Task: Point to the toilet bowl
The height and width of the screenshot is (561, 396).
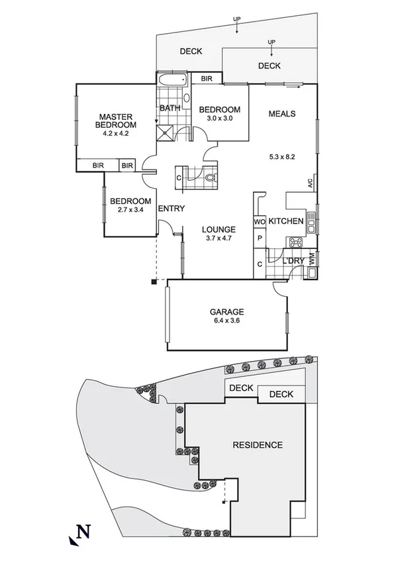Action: (x=209, y=178)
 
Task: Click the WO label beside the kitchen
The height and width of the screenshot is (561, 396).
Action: (x=259, y=221)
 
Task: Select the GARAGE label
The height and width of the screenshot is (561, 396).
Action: (x=227, y=311)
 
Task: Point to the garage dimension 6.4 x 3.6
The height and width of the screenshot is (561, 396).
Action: (x=227, y=321)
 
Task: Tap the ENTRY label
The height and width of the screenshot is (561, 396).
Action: (x=171, y=209)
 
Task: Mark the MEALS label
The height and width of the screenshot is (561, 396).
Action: (x=281, y=113)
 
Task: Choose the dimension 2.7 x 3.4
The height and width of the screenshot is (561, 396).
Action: (x=130, y=211)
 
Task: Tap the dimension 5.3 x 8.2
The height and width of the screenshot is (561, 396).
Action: (x=281, y=158)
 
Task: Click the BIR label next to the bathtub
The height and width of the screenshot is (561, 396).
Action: (x=207, y=79)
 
